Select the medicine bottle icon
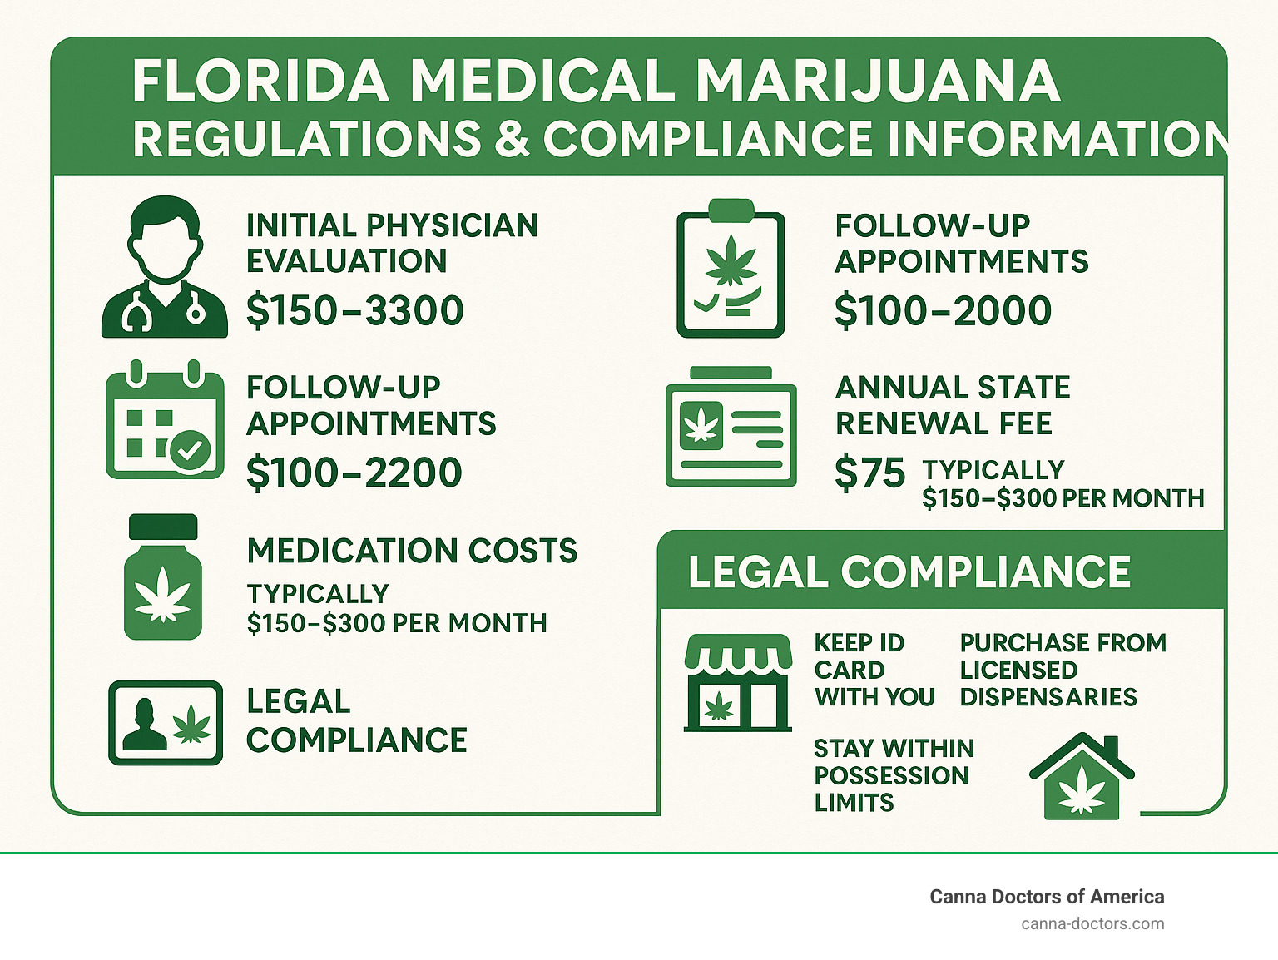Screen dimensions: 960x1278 163,577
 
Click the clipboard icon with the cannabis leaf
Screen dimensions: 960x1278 731,269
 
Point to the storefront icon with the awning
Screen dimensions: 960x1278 737,683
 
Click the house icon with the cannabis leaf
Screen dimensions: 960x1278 1082,777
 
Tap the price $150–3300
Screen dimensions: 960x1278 355,311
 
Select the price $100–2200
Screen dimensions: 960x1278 354,473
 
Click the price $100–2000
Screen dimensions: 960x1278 943,311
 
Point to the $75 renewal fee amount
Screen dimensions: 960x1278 869,473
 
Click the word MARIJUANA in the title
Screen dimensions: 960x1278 878,82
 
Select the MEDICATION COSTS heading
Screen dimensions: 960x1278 412,551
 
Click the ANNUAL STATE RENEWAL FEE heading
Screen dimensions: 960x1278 952,405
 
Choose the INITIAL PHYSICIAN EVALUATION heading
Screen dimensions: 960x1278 392,243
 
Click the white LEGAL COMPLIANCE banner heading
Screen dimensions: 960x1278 909,572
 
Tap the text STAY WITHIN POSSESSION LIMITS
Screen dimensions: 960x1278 894,775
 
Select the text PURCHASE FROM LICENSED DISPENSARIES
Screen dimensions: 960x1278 1063,670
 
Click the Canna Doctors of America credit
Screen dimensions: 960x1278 1046,897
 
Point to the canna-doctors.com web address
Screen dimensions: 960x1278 1092,923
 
